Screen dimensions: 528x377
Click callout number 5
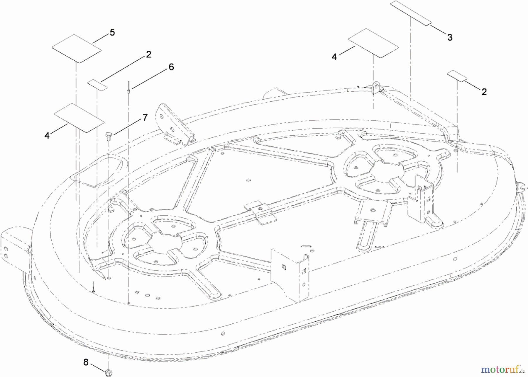(x=112, y=33)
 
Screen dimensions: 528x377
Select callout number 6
(x=171, y=67)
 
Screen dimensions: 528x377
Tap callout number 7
(x=145, y=117)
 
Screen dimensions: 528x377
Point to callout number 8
(x=86, y=362)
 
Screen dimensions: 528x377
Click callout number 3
(x=450, y=37)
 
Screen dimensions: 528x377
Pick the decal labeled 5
(x=77, y=49)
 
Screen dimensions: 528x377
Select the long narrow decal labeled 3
(x=410, y=13)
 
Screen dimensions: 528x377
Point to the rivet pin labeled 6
(x=129, y=87)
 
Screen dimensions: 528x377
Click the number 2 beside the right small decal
(x=484, y=92)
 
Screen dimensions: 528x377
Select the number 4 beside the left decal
(x=47, y=136)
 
